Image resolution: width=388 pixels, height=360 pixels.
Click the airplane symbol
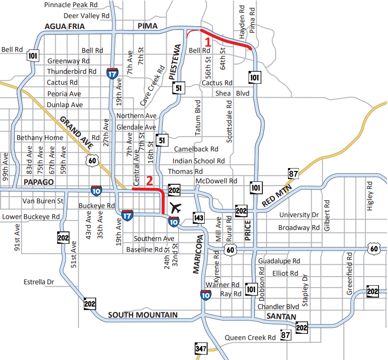[x=176, y=208]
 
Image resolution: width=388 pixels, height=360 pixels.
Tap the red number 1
[x=208, y=41]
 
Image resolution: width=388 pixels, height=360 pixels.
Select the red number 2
[x=149, y=181]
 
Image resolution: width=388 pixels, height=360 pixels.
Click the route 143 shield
[x=199, y=218]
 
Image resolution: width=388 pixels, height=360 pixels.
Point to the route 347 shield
[x=201, y=349]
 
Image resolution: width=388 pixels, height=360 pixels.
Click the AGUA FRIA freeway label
[x=65, y=27]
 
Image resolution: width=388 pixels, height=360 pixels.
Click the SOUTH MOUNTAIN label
[x=143, y=315]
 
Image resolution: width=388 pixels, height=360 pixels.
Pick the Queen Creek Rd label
[x=250, y=338]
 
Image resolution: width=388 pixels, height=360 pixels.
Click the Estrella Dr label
[x=39, y=282]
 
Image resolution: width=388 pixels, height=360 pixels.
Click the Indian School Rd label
[x=199, y=161]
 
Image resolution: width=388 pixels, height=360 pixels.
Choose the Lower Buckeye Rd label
[x=30, y=217]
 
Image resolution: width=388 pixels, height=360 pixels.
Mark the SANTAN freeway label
[x=281, y=317]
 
